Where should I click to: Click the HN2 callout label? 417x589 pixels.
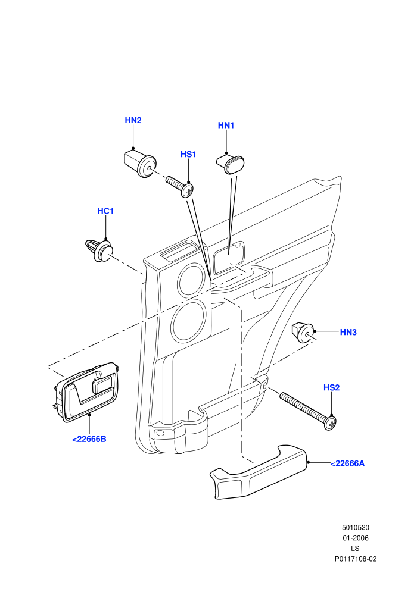[x=133, y=120]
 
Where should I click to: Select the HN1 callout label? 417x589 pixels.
[x=226, y=126]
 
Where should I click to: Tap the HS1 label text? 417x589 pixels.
[x=188, y=154]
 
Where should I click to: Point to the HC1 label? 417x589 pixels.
[x=105, y=211]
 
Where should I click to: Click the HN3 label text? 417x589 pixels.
[x=348, y=332]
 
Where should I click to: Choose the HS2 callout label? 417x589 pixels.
[x=332, y=388]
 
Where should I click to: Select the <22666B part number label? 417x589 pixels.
[x=89, y=439]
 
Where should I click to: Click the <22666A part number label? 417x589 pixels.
[x=347, y=463]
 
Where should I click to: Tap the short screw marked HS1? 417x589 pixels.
[x=180, y=186]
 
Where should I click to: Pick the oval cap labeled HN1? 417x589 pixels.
[x=230, y=165]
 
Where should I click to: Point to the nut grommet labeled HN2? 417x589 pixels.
[x=139, y=164]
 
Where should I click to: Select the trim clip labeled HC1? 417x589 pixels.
[x=99, y=249]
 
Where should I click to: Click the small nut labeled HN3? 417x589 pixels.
[x=303, y=332]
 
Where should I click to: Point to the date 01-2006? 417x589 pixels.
[x=355, y=538]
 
